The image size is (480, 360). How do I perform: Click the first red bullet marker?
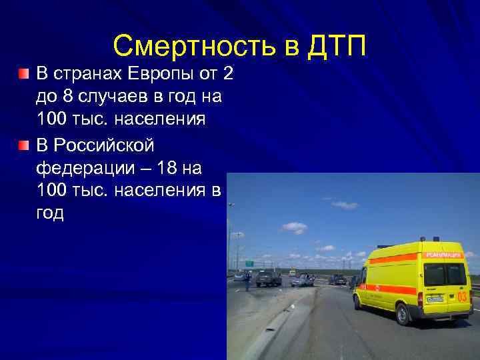(x=24, y=72)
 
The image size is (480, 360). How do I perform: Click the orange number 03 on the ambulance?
(x=462, y=295)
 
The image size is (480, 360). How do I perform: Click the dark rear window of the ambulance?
(x=434, y=274)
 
